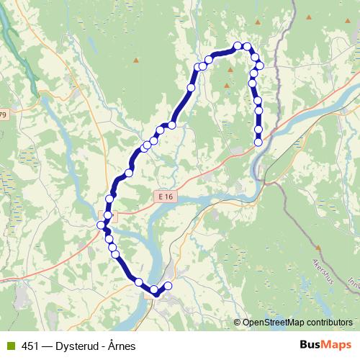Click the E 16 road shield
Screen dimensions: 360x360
(165, 196)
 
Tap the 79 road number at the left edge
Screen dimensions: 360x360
(3, 114)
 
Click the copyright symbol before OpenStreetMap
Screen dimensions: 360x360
(238, 323)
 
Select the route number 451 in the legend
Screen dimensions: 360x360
(30, 346)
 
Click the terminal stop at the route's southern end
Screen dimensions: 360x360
(168, 287)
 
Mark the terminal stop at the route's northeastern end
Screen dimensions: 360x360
(258, 143)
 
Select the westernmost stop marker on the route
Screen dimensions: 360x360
(102, 226)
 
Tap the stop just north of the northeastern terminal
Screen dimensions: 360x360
(258, 129)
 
